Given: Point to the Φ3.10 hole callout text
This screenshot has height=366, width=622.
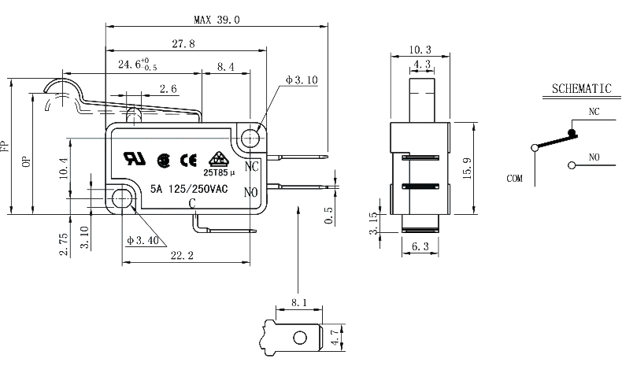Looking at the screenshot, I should tap(301, 79).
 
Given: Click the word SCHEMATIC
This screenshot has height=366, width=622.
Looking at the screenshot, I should tap(583, 89).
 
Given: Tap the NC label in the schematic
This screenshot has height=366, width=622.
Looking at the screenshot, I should tap(594, 113).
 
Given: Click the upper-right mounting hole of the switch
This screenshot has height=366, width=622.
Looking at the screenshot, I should tap(251, 139).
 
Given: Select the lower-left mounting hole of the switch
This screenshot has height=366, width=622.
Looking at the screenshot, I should tap(123, 199).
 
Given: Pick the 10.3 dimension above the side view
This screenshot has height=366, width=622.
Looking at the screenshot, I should tap(420, 49).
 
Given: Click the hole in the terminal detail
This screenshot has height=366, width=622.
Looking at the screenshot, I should tap(299, 338).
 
